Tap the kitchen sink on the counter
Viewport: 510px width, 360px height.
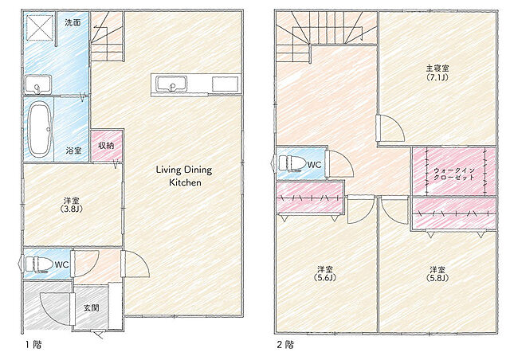[171, 84]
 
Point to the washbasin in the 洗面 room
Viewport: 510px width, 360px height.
[37, 84]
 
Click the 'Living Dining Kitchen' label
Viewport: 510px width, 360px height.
[184, 175]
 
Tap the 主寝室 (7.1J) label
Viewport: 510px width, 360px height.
[437, 72]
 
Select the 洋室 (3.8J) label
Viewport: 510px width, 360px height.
[72, 205]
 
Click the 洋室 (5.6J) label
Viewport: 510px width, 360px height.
[325, 273]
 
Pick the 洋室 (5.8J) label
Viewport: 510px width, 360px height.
[437, 274]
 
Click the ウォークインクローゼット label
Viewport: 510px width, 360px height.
[454, 174]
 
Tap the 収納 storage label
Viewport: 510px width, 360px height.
[106, 146]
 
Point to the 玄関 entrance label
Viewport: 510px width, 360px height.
[92, 307]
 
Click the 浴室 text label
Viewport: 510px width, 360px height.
[73, 151]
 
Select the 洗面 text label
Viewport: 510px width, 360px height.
[73, 22]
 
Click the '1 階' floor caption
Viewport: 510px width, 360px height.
[33, 344]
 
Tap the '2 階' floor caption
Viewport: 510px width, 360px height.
[285, 344]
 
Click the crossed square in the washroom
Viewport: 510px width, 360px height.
[40, 27]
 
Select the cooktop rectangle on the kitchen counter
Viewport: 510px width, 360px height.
[225, 84]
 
